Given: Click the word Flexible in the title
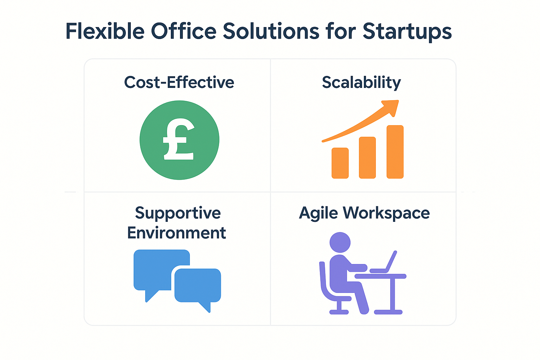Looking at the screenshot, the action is point(105,31).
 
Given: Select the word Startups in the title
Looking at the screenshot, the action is point(407,32).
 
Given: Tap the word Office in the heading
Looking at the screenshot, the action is point(184,31).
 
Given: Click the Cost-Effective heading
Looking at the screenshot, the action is point(179,82).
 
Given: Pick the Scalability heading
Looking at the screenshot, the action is point(361,83).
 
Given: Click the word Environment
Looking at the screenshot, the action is point(176,233).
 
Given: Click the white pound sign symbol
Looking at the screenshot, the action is point(179,139).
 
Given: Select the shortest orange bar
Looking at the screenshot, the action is point(340,163).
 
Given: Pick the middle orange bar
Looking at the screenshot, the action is point(367,158).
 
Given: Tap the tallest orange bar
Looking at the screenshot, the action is point(395,152).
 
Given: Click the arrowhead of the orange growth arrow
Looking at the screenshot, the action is point(391,107).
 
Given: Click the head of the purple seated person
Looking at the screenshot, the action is point(340,242).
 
